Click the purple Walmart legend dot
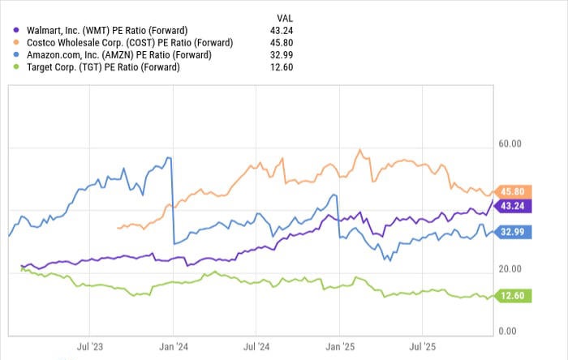[17, 30]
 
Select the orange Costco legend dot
[17, 42]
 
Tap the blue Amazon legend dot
[17, 54]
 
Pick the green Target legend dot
[17, 66]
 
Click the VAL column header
[285, 16]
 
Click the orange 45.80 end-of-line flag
[513, 191]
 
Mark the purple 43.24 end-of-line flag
[513, 206]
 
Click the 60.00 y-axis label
[510, 144]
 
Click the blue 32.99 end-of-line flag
[513, 232]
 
